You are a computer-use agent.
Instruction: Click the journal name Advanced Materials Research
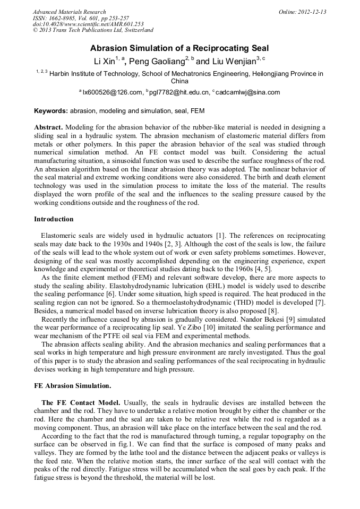pyautogui.click(x=69, y=12)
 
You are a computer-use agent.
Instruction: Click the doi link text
pyautogui.click(x=88, y=24)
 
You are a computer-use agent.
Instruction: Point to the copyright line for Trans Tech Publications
pyautogui.click(x=93, y=30)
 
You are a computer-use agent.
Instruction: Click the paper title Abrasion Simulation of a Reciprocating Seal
pyautogui.click(x=179, y=48)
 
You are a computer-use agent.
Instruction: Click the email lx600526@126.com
pyautogui.click(x=113, y=92)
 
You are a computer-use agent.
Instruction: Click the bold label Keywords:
pyautogui.click(x=51, y=111)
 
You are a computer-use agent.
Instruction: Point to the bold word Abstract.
pyautogui.click(x=48, y=128)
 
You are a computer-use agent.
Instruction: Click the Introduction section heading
pyautogui.click(x=54, y=219)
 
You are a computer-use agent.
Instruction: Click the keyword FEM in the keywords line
pyautogui.click(x=198, y=111)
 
